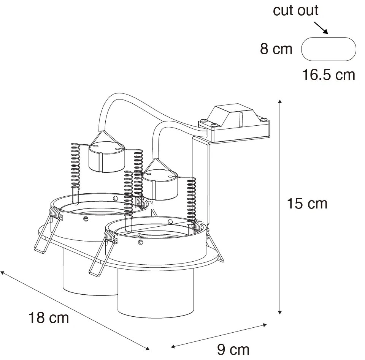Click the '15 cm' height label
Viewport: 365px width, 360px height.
tap(307, 204)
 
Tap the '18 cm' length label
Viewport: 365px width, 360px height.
tap(49, 317)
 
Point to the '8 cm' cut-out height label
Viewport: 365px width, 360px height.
tap(276, 49)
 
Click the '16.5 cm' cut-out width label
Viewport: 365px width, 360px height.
tap(328, 75)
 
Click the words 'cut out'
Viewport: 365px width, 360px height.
tap(295, 10)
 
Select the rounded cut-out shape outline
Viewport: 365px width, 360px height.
tap(328, 49)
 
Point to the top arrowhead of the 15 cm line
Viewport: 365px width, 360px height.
tap(280, 101)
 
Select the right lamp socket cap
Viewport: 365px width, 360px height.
tap(160, 184)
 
